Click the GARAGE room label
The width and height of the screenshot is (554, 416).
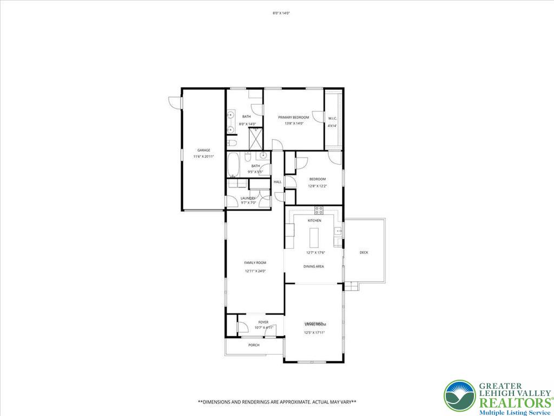(203, 150)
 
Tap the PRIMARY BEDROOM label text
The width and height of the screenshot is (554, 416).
(293, 118)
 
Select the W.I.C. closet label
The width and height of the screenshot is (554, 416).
(332, 119)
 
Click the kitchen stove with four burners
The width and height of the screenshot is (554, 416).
(319, 211)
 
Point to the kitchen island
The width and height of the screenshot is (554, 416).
(314, 238)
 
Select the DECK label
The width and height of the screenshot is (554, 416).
(364, 252)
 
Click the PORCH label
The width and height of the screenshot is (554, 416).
(254, 345)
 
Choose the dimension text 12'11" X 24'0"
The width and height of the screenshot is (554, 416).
(255, 271)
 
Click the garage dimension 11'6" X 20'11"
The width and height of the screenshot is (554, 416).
(203, 157)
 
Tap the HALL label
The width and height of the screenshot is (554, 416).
(278, 182)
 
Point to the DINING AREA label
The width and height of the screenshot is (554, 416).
(313, 266)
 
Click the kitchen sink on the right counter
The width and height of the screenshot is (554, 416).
(339, 231)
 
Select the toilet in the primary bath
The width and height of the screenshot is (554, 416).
(231, 143)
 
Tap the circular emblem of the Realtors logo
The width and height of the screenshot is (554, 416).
(459, 395)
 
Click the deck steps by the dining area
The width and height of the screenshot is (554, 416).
(352, 286)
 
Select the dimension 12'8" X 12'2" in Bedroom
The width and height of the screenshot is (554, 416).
(317, 186)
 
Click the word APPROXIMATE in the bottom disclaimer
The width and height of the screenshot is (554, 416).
(295, 402)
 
